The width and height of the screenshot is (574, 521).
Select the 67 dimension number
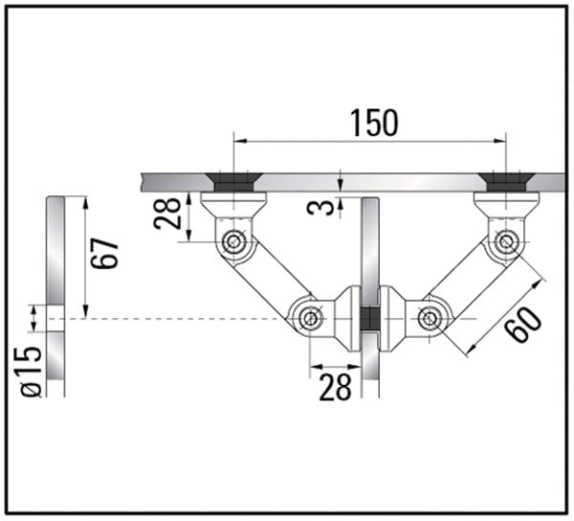click(x=106, y=253)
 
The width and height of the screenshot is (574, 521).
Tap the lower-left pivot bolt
click(x=309, y=317)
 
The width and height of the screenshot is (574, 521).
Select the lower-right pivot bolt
click(x=430, y=317)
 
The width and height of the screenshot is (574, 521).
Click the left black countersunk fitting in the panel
click(x=232, y=182)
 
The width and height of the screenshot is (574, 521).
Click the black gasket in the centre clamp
click(x=370, y=317)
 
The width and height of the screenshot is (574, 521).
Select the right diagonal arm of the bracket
click(x=468, y=279)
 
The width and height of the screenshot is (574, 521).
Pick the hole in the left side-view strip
click(x=55, y=318)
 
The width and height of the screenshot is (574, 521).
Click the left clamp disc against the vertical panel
click(x=351, y=317)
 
